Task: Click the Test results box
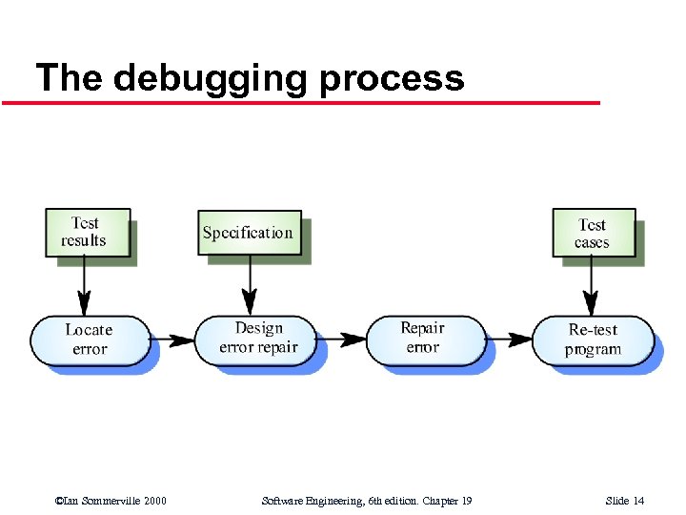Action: [86, 233]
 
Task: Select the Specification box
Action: [249, 233]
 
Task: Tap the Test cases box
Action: [593, 233]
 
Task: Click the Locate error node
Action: [90, 340]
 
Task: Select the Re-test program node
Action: [593, 340]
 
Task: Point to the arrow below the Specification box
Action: [250, 285]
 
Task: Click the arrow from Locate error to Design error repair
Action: [171, 339]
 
